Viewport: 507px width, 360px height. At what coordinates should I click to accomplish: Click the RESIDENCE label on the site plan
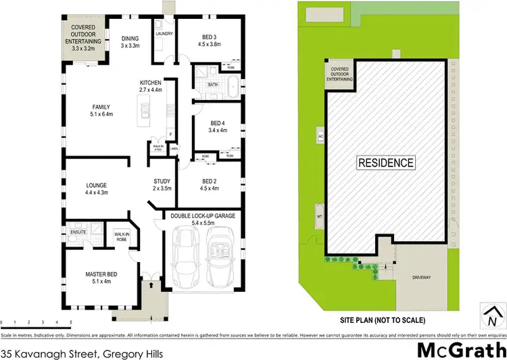point(385,163)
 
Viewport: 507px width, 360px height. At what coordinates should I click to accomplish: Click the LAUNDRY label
point(164,34)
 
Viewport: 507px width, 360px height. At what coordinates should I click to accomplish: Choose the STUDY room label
point(162,182)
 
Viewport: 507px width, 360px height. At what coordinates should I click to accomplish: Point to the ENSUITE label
point(79,232)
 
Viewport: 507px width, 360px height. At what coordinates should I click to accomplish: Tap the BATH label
point(213,84)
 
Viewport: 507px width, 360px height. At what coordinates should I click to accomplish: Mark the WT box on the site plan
point(320,216)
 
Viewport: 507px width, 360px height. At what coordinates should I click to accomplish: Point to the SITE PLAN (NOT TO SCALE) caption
point(385,320)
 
